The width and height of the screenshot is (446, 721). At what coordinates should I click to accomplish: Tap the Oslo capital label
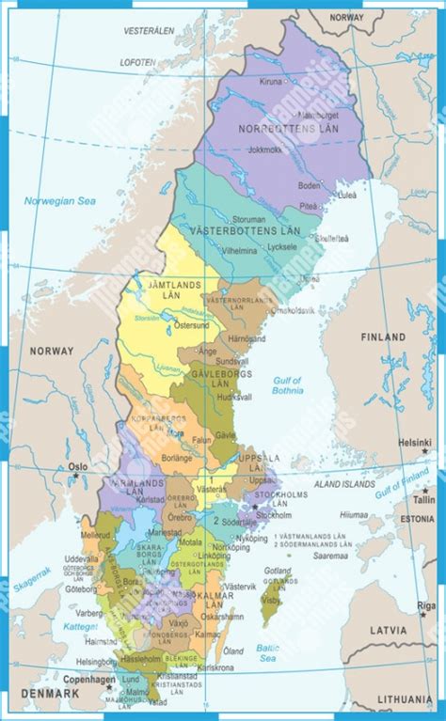77,465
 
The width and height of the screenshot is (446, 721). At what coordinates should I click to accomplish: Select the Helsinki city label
413,442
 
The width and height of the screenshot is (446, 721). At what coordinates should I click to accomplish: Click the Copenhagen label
89,679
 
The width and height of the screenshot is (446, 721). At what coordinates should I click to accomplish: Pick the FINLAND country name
384,337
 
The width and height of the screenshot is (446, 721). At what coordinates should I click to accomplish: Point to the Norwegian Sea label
60,200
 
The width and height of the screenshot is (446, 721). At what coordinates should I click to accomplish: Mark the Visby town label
271,598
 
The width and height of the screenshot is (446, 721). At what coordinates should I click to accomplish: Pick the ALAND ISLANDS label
343,484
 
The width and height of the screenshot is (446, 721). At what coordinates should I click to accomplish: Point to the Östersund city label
192,325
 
